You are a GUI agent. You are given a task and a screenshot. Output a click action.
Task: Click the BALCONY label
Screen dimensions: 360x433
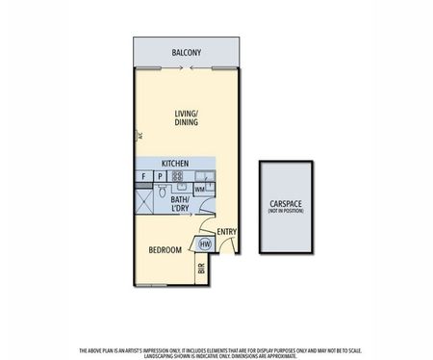(x=186, y=52)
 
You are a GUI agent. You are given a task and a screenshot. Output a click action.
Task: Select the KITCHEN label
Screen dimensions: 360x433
(x=173, y=164)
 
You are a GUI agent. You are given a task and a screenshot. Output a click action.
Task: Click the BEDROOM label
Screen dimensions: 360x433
(x=165, y=250)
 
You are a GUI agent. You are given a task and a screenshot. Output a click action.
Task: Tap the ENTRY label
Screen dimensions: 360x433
(x=226, y=232)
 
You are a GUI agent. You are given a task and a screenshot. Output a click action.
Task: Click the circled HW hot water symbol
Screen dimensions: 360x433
(x=204, y=244)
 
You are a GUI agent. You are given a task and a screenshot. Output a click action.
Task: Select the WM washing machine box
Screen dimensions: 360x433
(x=199, y=190)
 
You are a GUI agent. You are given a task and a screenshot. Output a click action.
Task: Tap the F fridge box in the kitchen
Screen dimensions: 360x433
(x=143, y=177)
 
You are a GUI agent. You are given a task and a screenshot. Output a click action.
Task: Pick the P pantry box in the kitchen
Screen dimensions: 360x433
(x=159, y=177)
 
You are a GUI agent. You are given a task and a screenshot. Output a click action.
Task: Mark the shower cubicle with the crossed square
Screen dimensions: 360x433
(x=143, y=198)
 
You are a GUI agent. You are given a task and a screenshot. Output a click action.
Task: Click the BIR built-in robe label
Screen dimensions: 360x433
(x=202, y=270)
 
